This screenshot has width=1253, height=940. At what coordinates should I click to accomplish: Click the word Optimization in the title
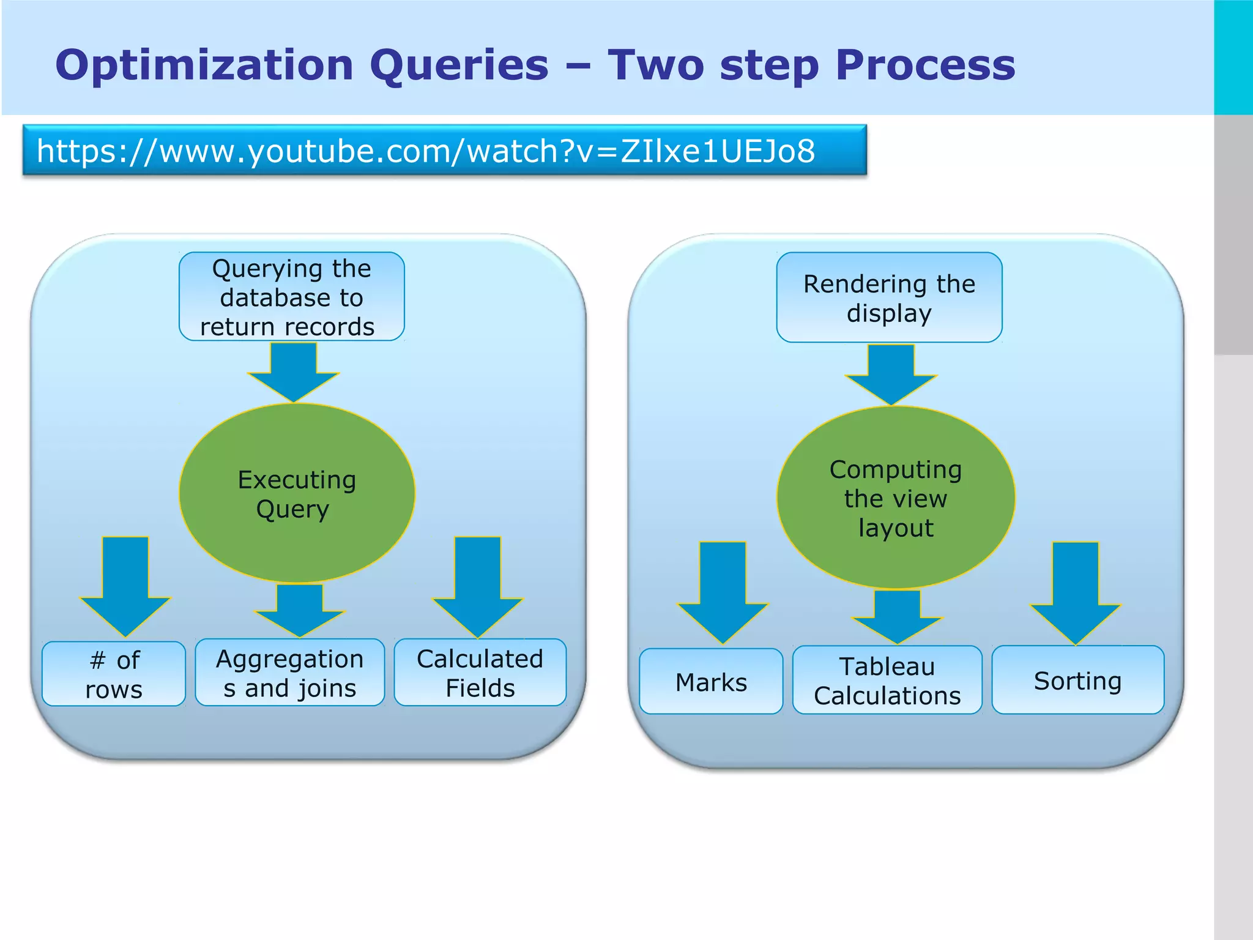click(204, 65)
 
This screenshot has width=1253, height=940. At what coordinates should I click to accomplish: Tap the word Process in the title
click(924, 65)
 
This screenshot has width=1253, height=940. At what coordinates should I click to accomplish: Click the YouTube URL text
click(425, 151)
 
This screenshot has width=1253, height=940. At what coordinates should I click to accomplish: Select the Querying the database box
click(291, 297)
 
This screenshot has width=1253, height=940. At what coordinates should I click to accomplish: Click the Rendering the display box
click(889, 297)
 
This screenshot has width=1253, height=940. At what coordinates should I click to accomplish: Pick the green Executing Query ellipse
click(297, 493)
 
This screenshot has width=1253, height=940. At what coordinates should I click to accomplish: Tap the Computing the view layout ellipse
click(896, 498)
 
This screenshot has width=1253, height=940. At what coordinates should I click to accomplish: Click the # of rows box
click(114, 674)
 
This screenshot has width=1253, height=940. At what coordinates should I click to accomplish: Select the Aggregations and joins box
click(290, 673)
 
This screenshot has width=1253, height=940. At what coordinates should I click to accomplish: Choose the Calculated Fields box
click(480, 673)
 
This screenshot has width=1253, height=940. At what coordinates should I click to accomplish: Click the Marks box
click(711, 682)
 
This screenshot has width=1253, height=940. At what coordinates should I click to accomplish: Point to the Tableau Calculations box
click(887, 680)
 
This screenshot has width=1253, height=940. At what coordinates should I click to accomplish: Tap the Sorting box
click(1077, 680)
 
